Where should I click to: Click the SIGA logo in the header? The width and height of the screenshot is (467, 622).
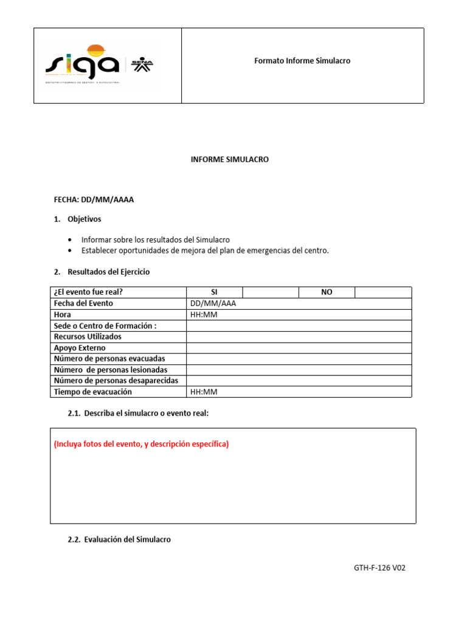82,61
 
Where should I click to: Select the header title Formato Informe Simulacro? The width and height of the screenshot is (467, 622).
302,61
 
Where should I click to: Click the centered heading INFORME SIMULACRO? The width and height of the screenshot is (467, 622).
230,160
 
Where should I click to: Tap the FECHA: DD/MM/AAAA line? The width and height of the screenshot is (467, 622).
94,200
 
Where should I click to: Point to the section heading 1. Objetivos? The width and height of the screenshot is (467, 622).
78,219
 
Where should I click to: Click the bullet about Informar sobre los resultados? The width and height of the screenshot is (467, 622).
155,240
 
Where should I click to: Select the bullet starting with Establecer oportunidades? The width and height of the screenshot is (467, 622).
204,251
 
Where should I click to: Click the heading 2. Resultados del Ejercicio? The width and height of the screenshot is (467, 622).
102,272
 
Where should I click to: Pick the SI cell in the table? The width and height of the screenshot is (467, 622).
214,292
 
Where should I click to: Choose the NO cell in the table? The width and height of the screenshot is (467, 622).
327,292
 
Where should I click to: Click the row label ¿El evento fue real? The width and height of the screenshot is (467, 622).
92,292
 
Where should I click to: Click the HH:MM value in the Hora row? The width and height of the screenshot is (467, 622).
204,315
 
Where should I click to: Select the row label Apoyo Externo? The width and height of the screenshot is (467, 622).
80,348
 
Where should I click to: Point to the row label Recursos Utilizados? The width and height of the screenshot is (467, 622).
88,337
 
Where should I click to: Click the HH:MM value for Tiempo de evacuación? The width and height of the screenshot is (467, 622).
204,392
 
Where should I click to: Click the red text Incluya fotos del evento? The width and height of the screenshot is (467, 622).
141,444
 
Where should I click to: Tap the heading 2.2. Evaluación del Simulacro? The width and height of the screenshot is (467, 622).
119,539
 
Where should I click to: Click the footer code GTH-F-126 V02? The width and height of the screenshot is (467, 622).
379,569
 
